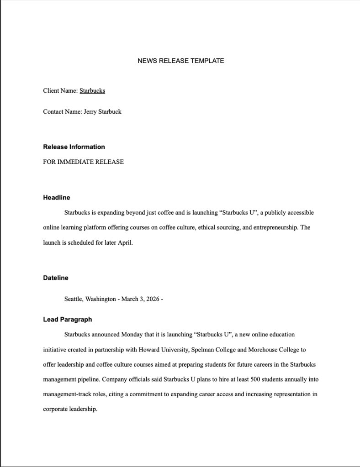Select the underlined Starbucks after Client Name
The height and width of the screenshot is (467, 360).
point(92,91)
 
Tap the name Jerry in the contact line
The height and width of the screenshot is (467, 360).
point(90,111)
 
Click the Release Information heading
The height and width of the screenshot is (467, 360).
point(74,147)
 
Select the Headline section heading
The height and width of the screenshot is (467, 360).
point(57,198)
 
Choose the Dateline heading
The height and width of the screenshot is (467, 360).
point(56,278)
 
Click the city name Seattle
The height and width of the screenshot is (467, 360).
point(74,299)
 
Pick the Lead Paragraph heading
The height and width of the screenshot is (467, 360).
point(68,320)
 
